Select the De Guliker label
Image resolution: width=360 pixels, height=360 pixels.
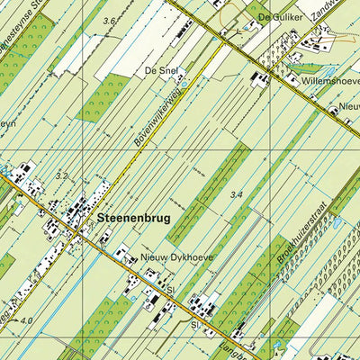coord(277,17)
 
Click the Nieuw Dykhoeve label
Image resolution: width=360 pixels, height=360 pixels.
coord(177,256)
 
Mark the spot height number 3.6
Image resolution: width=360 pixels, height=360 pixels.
coord(110,20)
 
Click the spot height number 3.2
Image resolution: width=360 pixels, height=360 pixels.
coord(61,177)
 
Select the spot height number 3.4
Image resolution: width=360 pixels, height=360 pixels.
coord(237,193)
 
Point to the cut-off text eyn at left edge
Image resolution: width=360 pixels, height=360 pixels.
coord(7,123)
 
